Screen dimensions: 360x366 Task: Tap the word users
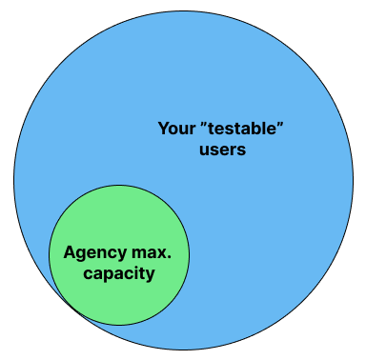click(223, 149)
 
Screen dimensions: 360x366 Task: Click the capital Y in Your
click(162, 127)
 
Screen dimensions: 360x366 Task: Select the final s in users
click(242, 150)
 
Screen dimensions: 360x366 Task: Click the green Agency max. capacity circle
click(118, 229)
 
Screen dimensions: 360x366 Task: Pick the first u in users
click(204, 150)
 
